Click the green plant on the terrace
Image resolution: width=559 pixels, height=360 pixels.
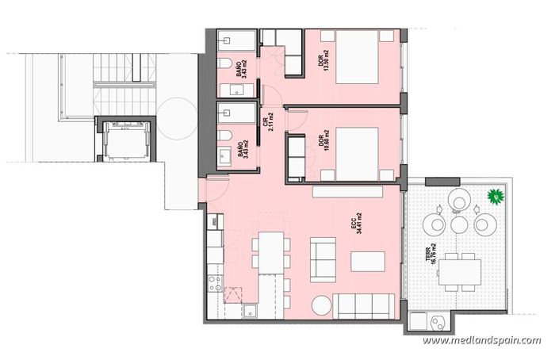pyautogui.click(x=496, y=196)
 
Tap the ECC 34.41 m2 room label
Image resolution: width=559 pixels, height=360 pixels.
pyautogui.click(x=357, y=224)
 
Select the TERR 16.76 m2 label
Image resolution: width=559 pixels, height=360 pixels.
pyautogui.click(x=434, y=254)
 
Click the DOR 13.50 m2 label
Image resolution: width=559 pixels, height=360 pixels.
pyautogui.click(x=324, y=60)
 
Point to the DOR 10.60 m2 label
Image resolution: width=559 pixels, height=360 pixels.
pyautogui.click(x=324, y=138)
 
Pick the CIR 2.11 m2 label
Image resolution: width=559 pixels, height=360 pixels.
pyautogui.click(x=268, y=122)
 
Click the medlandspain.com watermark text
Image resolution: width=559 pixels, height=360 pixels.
pyautogui.click(x=481, y=340)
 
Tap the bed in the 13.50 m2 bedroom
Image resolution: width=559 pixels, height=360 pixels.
pyautogui.click(x=357, y=57)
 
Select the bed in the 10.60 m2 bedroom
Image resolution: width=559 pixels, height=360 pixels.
pyautogui.click(x=357, y=154)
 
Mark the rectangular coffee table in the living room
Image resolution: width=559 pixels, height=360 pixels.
pyautogui.click(x=368, y=261)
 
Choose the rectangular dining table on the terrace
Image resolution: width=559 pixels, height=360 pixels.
pyautogui.click(x=460, y=272)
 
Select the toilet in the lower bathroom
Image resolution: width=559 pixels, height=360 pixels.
pyautogui.click(x=224, y=137)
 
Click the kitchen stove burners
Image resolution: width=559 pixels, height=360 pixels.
pyautogui.click(x=216, y=282)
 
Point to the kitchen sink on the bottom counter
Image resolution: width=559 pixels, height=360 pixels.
pyautogui.click(x=251, y=311)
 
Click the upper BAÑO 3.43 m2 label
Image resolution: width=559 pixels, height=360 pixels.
pyautogui.click(x=242, y=69)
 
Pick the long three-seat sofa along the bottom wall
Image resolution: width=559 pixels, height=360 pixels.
pyautogui.click(x=364, y=307)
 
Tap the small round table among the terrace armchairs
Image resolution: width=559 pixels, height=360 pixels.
pyautogui.click(x=459, y=224)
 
